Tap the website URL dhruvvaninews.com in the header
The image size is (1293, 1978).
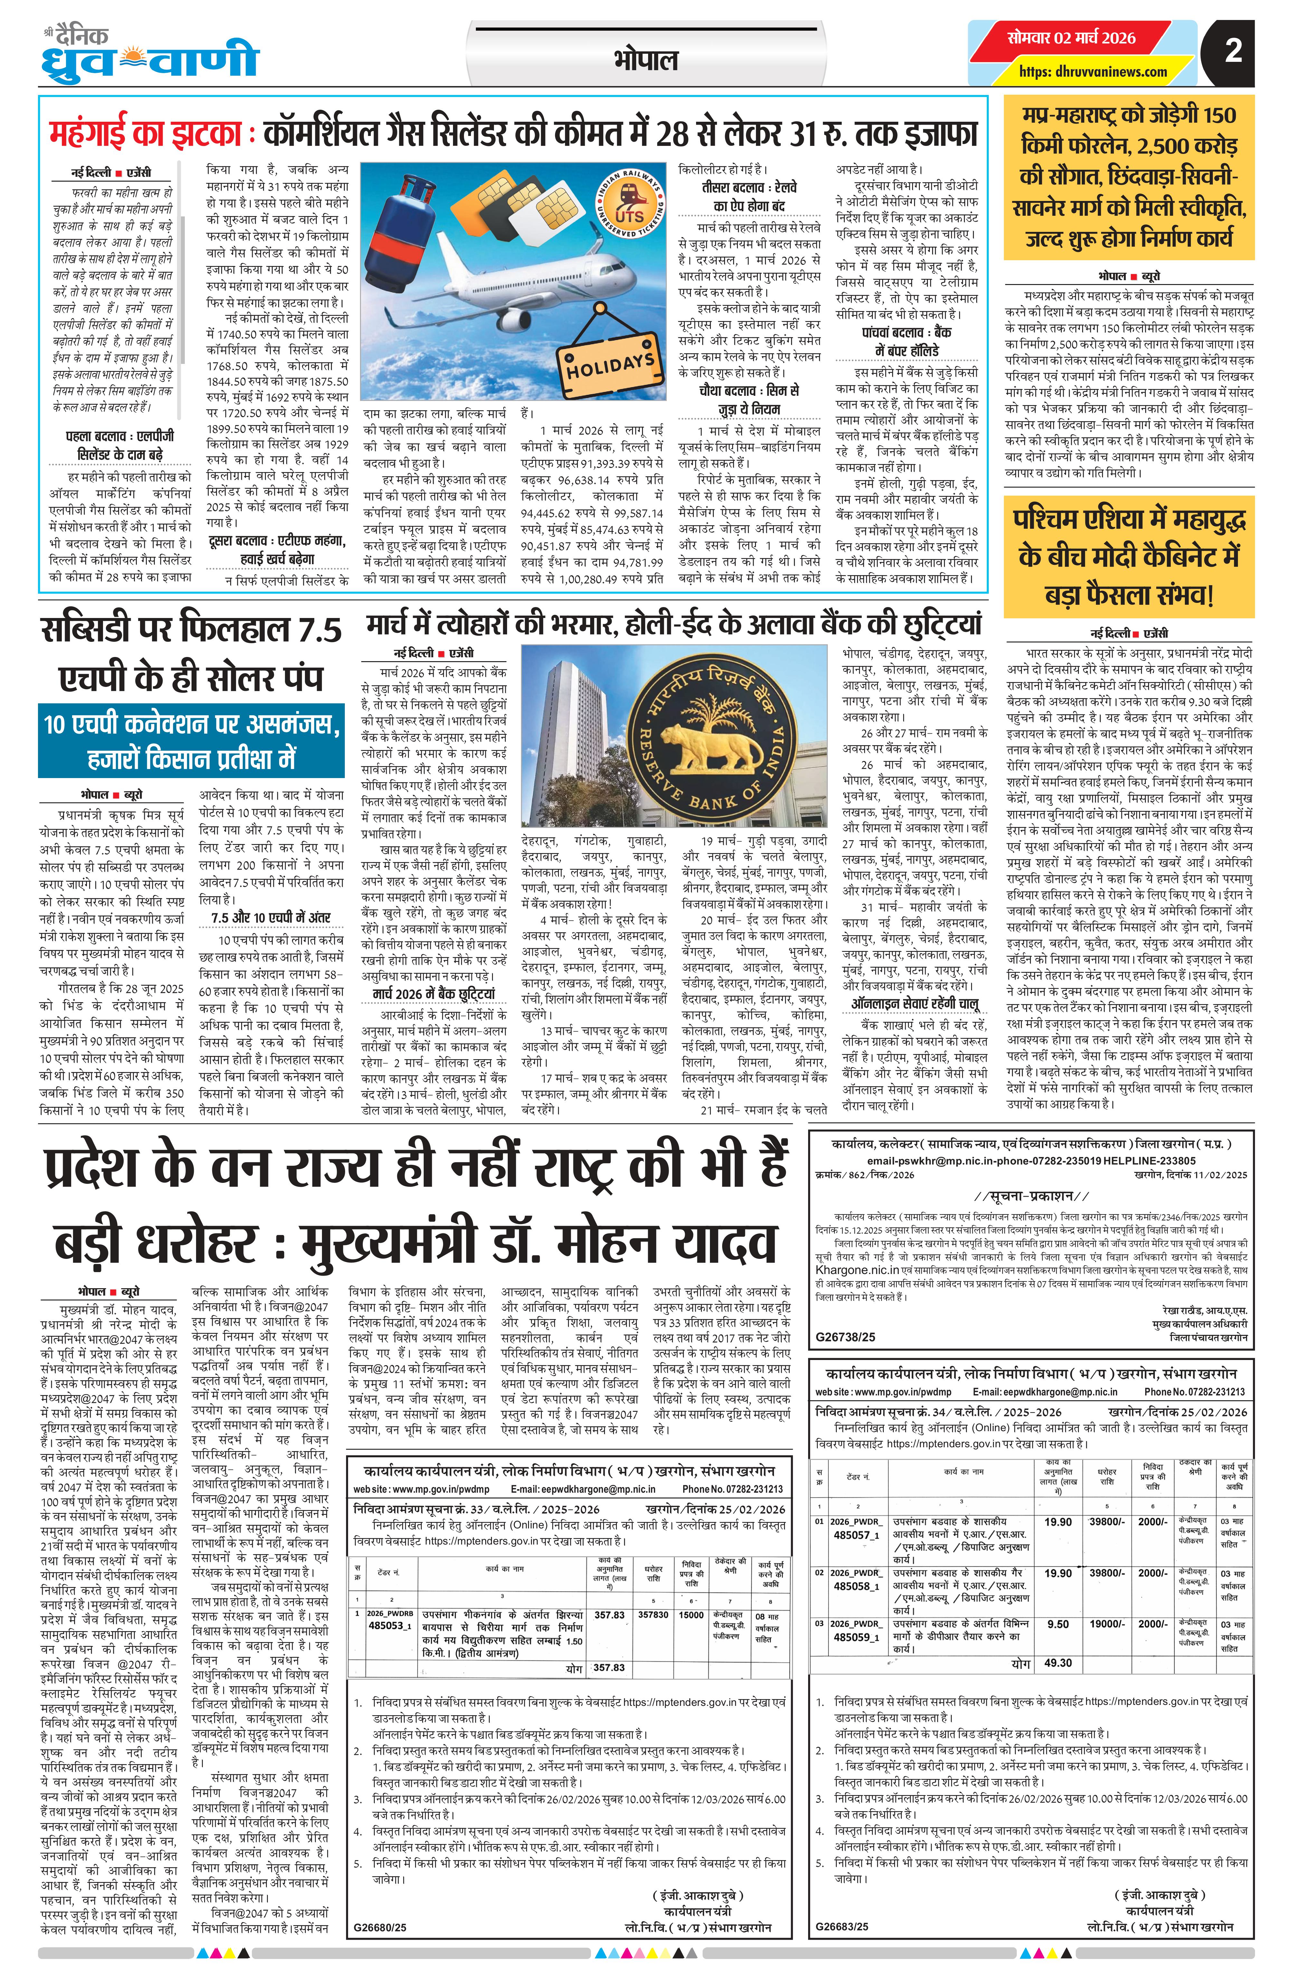[x=1093, y=71]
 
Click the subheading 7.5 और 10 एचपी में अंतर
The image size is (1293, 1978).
[x=271, y=917]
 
